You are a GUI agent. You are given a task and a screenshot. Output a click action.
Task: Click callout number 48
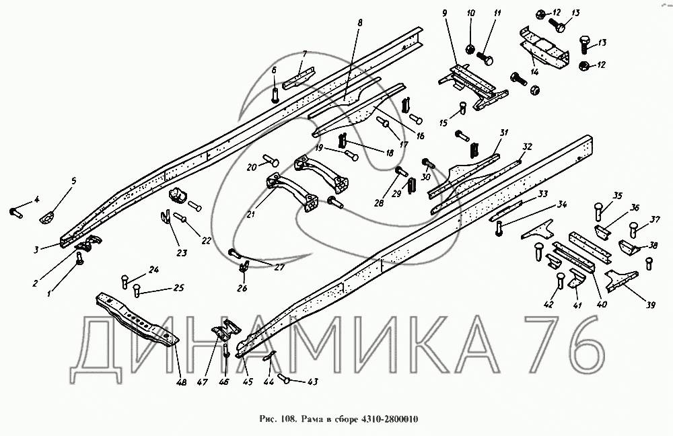click(182, 382)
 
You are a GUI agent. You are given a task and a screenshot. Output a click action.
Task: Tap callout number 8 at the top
click(359, 22)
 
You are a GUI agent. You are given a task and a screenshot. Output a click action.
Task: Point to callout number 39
click(651, 305)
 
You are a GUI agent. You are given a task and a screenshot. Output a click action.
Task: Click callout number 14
click(534, 72)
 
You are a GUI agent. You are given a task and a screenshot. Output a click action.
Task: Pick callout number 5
click(73, 181)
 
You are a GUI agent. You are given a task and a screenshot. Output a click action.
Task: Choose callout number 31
click(504, 133)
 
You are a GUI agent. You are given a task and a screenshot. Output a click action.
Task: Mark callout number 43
click(313, 381)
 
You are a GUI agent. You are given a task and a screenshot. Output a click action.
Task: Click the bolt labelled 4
click(16, 212)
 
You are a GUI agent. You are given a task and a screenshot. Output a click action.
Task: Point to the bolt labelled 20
click(270, 160)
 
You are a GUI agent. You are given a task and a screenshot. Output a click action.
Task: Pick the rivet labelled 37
click(633, 229)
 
